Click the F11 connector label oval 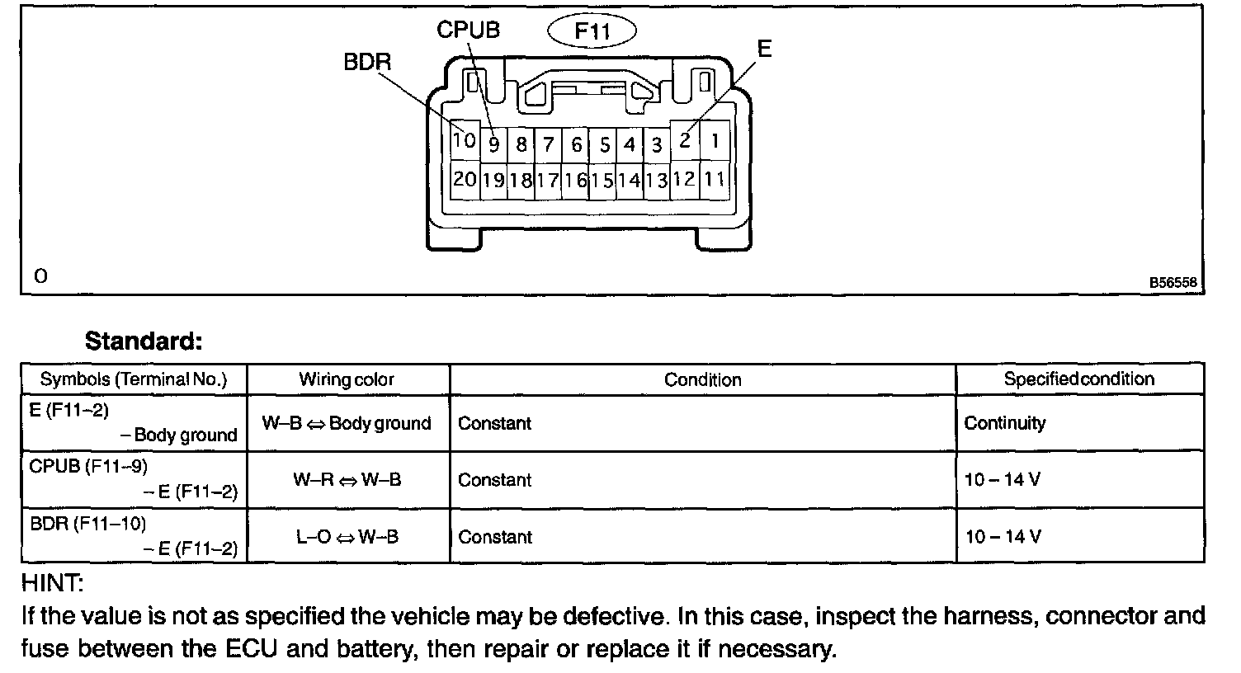pyautogui.click(x=592, y=32)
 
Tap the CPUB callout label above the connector pyautogui.click(x=468, y=31)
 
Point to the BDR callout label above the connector pyautogui.click(x=367, y=63)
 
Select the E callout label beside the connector pyautogui.click(x=764, y=49)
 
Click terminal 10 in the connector pyautogui.click(x=465, y=141)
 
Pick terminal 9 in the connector pyautogui.click(x=493, y=145)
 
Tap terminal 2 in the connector pyautogui.click(x=685, y=141)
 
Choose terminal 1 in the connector pyautogui.click(x=715, y=141)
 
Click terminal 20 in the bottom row pyautogui.click(x=465, y=179)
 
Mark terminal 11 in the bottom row pyautogui.click(x=715, y=179)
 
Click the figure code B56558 pyautogui.click(x=1173, y=282)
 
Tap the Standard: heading pyautogui.click(x=144, y=341)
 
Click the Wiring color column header pyautogui.click(x=347, y=380)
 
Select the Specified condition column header pyautogui.click(x=1078, y=379)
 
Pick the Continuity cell pyautogui.click(x=1004, y=423)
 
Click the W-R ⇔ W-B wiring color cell pyautogui.click(x=347, y=479)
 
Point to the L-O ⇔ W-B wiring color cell pyautogui.click(x=347, y=537)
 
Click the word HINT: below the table pyautogui.click(x=51, y=584)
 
